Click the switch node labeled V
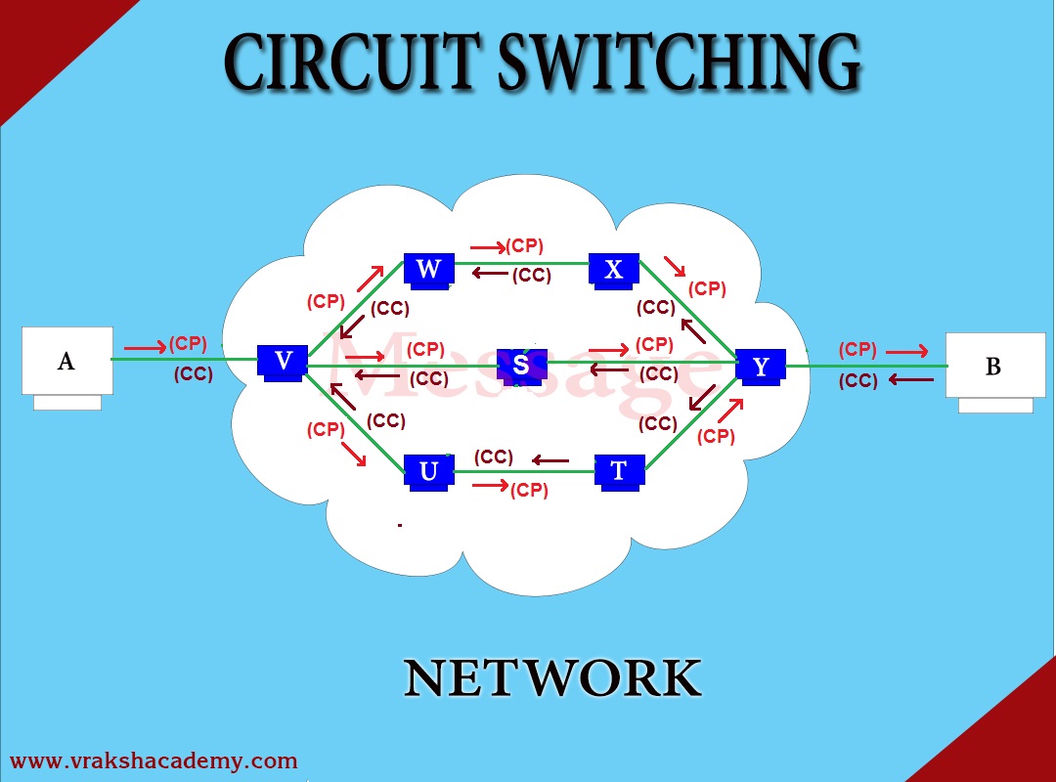pos(284,362)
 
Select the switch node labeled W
pos(428,270)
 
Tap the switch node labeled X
pos(614,270)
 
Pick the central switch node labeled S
pos(521,365)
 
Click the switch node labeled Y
pos(761,367)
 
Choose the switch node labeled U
pos(428,471)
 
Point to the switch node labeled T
pos(619,471)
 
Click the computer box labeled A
pos(66,362)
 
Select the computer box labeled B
pos(994,367)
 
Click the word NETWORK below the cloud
pos(552,678)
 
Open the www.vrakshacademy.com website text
pos(154,760)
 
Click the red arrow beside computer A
pos(145,347)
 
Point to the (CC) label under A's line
pos(194,373)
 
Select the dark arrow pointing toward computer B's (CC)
pos(910,380)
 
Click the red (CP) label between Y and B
pos(858,350)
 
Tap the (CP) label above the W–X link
pos(524,246)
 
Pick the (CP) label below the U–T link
pos(529,491)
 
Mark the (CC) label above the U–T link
pos(494,456)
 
